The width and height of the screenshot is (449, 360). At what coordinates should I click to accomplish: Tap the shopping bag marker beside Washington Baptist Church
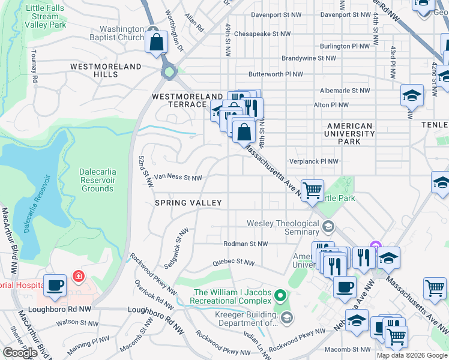click(x=156, y=43)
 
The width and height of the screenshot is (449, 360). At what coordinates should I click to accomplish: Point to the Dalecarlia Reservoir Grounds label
click(x=98, y=180)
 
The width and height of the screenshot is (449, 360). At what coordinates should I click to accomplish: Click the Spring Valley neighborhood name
click(x=188, y=203)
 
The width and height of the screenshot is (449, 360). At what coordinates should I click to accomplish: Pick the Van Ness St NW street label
click(x=178, y=178)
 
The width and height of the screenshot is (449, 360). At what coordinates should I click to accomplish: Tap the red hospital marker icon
click(x=77, y=277)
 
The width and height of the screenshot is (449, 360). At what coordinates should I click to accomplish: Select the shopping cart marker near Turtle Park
click(x=312, y=191)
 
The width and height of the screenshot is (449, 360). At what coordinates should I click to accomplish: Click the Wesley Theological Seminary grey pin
click(x=328, y=226)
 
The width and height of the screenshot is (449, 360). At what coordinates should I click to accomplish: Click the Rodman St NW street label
click(x=245, y=244)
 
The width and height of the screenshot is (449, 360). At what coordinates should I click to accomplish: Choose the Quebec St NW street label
click(x=235, y=263)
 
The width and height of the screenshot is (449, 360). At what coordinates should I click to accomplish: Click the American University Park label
click(x=349, y=134)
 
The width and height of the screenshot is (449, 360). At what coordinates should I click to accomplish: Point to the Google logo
click(x=20, y=353)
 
